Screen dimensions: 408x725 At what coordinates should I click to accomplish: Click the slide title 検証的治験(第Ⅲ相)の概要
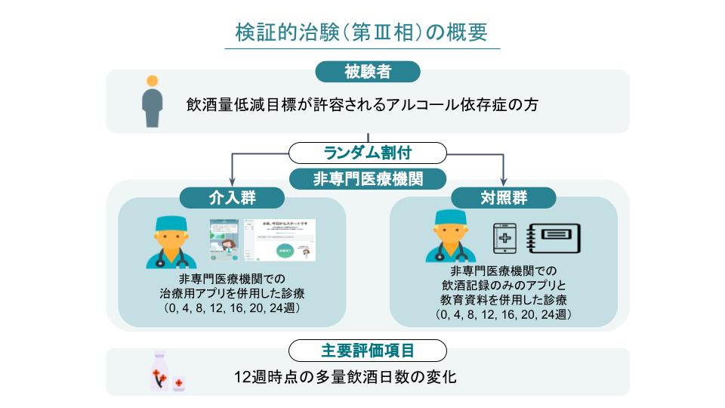point(362,32)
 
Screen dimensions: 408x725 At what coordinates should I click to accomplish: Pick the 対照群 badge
point(503,198)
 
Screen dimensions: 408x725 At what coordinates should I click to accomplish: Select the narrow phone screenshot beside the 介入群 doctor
point(224,240)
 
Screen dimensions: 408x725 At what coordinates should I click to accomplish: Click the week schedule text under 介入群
point(232,309)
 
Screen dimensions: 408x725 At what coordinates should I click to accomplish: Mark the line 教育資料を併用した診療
point(503,300)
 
